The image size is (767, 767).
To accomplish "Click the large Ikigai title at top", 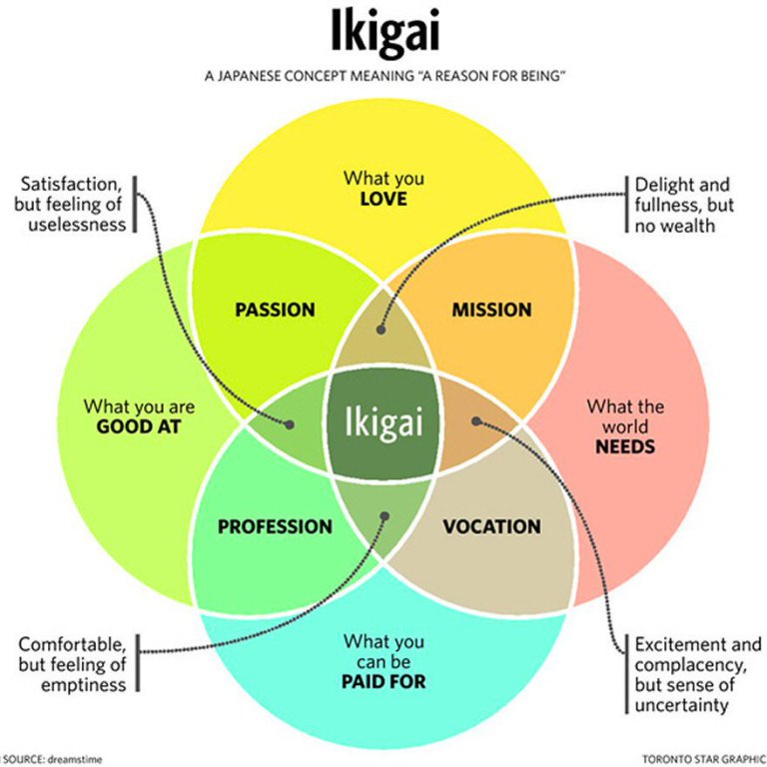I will [383, 34].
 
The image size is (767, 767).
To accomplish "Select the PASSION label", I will [275, 310].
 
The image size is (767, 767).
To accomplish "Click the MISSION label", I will [491, 310].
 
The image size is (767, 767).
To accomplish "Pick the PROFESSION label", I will [275, 526].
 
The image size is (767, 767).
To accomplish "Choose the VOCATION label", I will [491, 526].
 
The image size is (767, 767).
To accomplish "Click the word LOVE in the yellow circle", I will [383, 199].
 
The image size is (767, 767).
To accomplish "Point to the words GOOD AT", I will [139, 427].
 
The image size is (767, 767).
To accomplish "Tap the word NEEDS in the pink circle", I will [625, 446].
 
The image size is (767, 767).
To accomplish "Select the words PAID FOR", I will [383, 682].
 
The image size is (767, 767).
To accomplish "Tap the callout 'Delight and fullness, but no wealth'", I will [681, 205].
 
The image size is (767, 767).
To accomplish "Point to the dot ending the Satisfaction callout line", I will [291, 424].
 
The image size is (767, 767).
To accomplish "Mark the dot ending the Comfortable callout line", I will [384, 516].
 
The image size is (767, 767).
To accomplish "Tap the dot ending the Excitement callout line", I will [476, 420].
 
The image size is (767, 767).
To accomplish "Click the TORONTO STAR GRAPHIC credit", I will [703, 758].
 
